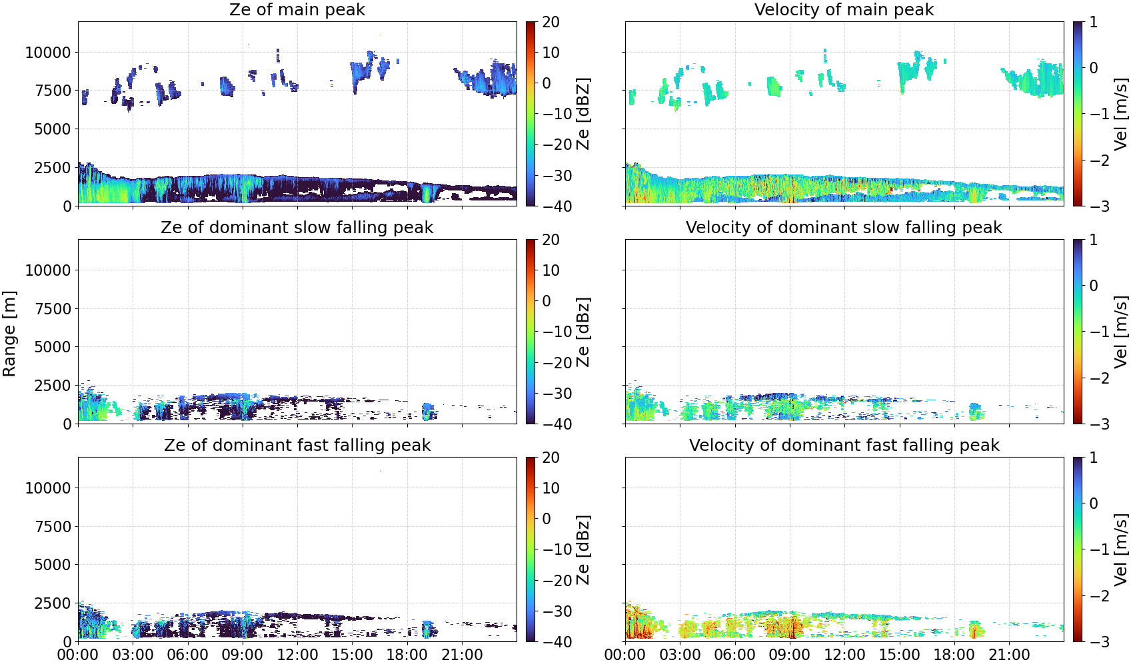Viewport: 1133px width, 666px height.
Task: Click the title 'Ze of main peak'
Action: click(297, 9)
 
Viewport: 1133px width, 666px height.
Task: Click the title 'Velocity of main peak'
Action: click(844, 9)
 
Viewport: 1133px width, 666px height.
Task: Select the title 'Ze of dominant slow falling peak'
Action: click(297, 227)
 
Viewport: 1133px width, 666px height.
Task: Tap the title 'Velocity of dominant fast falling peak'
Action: click(844, 445)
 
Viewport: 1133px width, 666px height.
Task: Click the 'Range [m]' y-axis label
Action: click(9, 334)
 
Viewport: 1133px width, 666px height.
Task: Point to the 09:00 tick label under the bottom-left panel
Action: click(243, 655)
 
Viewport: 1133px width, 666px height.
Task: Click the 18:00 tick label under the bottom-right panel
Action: click(954, 655)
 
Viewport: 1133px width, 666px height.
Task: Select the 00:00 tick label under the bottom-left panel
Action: click(79, 655)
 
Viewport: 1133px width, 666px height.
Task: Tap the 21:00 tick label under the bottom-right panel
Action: click(1009, 655)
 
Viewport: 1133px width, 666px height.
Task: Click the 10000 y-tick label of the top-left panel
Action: click(48, 53)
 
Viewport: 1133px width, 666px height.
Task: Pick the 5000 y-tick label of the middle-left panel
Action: click(53, 347)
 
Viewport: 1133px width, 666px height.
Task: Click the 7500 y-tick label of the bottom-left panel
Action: click(53, 527)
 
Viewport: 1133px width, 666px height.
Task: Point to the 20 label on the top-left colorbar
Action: click(551, 22)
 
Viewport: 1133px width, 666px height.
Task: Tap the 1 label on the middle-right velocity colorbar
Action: click(1093, 240)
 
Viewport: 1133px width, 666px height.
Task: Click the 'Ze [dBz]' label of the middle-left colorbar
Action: click(583, 332)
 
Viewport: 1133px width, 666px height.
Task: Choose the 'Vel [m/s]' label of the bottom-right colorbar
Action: click(1120, 549)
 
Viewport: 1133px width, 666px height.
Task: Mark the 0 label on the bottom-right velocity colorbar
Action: click(1093, 503)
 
